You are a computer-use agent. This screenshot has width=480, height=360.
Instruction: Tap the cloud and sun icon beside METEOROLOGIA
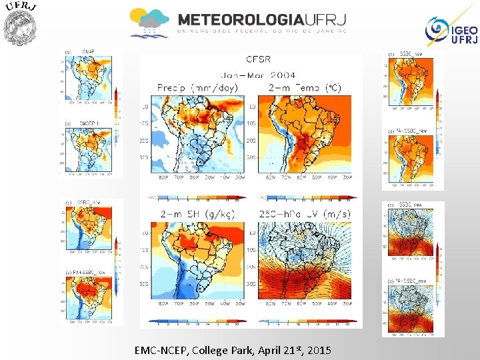(x=149, y=23)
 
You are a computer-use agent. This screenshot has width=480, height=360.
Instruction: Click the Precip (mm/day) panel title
(x=199, y=87)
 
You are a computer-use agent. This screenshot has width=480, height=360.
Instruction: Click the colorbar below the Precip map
(x=198, y=197)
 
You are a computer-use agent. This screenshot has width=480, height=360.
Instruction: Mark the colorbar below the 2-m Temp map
(x=307, y=197)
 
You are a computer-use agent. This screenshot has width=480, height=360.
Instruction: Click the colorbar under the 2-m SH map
(x=198, y=321)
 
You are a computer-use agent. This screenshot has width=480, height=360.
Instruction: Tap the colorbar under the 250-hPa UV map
(x=307, y=321)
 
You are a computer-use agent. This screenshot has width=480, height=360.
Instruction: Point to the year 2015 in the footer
(x=318, y=350)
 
